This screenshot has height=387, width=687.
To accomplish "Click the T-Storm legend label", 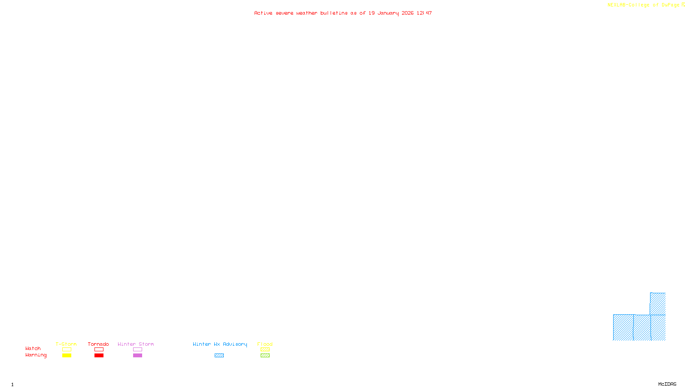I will [x=66, y=344].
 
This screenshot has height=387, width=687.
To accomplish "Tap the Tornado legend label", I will [x=98, y=344].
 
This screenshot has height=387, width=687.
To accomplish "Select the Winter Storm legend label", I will [x=136, y=344].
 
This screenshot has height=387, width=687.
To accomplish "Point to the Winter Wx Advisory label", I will [x=220, y=344].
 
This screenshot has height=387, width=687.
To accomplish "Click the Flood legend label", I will [x=265, y=344].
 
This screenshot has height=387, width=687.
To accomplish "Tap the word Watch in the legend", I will [x=33, y=348].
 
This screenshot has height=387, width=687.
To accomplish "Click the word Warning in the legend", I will [x=36, y=355].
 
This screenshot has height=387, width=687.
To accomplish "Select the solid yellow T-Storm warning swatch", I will [x=67, y=356].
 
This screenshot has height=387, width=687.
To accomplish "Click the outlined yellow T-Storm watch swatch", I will [x=67, y=350].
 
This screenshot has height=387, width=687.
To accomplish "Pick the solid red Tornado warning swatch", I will [x=99, y=356].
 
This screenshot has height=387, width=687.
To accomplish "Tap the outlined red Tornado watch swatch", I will [x=99, y=350].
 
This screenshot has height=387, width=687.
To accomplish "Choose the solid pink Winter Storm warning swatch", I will [x=137, y=356].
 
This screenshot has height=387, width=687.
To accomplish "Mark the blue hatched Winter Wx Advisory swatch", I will [x=219, y=356].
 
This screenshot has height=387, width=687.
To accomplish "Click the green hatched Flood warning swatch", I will [x=265, y=356].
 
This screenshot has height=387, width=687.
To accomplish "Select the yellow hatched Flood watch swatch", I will [x=265, y=350].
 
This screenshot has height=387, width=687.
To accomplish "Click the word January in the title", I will [x=388, y=13].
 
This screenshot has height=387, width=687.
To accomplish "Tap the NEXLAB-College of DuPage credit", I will [x=644, y=5].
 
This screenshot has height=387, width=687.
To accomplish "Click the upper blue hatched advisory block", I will [x=658, y=304].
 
